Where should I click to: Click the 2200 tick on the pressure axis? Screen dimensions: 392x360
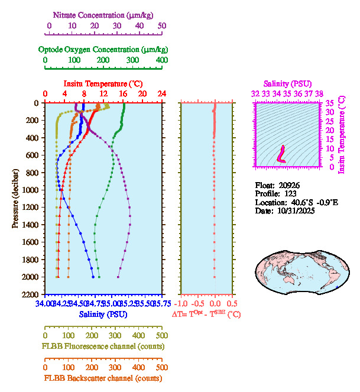click(31, 294)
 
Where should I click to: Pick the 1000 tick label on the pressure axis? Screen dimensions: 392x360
click(31, 190)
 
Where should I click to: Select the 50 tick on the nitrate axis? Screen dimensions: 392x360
click(162, 26)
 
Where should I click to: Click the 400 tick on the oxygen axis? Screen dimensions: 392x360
click(161, 60)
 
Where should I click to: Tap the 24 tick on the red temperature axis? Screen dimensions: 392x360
click(161, 93)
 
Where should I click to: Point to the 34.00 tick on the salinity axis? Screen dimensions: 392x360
click(44, 304)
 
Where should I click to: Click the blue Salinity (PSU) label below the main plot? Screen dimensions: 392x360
click(103, 315)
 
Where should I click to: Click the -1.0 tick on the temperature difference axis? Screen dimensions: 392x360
click(184, 304)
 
